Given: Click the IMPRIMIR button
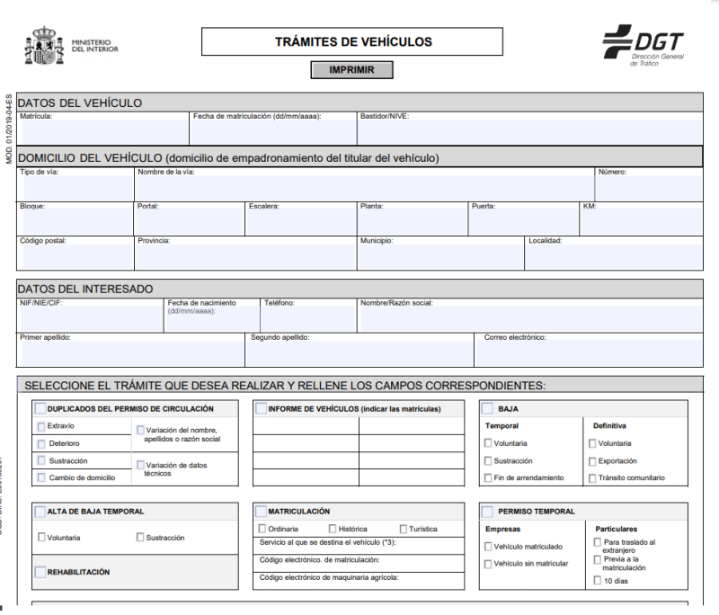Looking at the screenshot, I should (x=351, y=69).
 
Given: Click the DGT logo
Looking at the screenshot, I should (x=644, y=45).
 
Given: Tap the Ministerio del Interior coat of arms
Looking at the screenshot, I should (x=45, y=47).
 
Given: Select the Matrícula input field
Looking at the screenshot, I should (x=102, y=131).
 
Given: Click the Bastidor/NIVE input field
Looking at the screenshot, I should (x=529, y=131).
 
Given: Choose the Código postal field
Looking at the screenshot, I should (x=75, y=256).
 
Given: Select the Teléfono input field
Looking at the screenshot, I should (x=308, y=319).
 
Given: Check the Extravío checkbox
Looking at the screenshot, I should (x=41, y=426).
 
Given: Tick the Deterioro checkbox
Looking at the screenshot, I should (x=41, y=443).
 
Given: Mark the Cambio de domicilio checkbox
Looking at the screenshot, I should (x=41, y=477).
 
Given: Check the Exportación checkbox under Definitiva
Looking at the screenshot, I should (x=592, y=460).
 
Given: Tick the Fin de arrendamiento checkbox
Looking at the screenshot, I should (x=488, y=477).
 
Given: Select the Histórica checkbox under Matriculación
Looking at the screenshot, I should (x=333, y=529).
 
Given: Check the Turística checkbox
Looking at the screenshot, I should (x=402, y=529).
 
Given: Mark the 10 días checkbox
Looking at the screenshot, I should (x=598, y=581).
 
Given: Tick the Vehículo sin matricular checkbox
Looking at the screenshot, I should (x=488, y=564).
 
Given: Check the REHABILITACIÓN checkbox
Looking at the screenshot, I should (x=41, y=572).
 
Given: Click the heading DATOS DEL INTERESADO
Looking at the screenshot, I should (x=85, y=289).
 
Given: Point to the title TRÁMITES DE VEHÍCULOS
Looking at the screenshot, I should (x=353, y=41).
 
